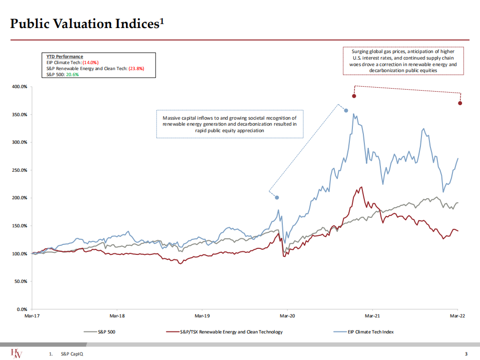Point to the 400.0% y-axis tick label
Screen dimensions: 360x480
click(20, 87)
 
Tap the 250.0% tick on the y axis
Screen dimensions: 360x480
click(20, 170)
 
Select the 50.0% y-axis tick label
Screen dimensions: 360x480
click(21, 281)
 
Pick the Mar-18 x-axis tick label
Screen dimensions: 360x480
click(117, 316)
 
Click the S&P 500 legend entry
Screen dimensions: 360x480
click(107, 331)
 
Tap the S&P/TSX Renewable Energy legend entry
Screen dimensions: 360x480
click(231, 331)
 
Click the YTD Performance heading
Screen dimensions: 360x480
click(62, 57)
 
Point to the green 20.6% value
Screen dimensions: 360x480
click(73, 74)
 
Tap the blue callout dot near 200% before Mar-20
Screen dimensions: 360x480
click(277, 197)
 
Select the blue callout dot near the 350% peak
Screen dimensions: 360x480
click(346, 110)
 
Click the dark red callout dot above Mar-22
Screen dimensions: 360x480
click(460, 103)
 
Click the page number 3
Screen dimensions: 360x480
click(465, 353)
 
